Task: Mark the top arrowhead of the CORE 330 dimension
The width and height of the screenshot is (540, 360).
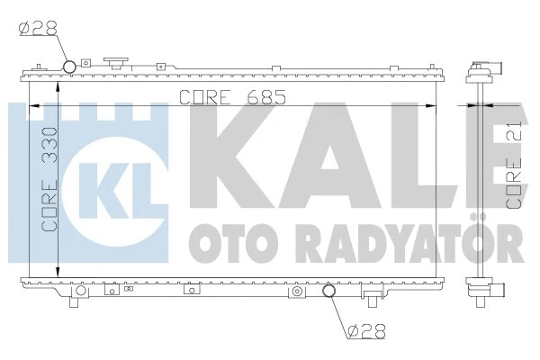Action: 58,86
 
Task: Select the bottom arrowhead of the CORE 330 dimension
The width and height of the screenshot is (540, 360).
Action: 58,272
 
